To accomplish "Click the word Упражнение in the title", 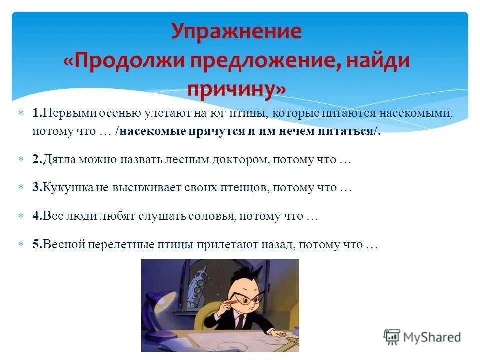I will point(236,32).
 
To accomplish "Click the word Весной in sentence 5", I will point(62,245).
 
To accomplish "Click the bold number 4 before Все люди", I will point(36,216).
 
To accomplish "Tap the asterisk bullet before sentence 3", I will point(21,188).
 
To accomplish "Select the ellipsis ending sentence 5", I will point(371,245).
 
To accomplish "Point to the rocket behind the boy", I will point(198,280).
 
